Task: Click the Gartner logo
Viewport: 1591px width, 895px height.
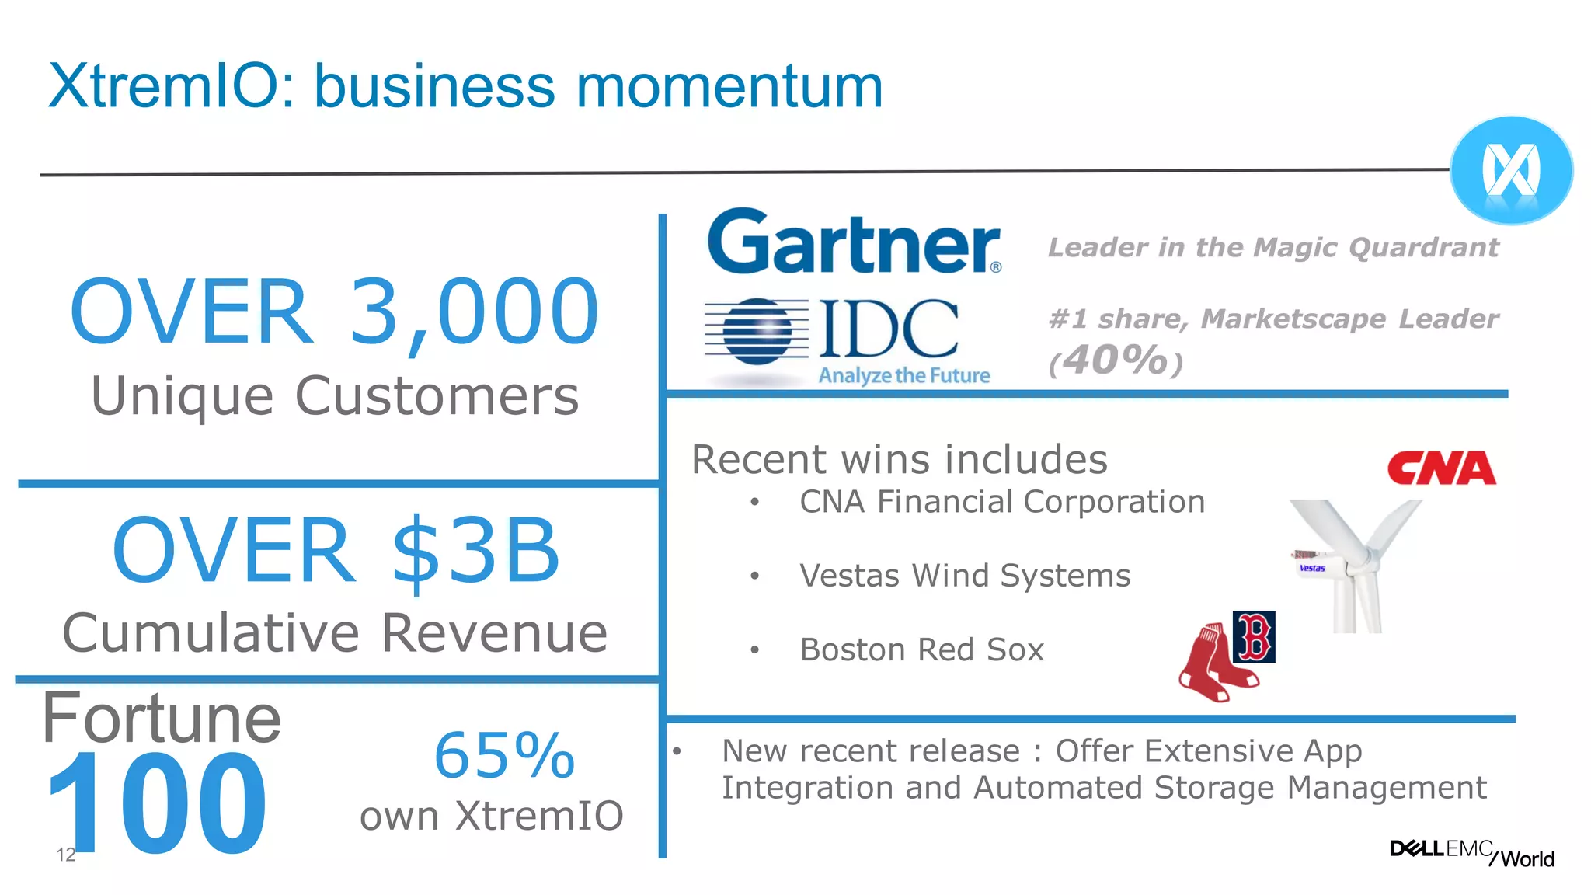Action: [x=853, y=242]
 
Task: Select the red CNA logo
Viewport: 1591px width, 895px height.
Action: [x=1441, y=468]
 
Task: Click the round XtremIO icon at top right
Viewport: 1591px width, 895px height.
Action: [x=1511, y=170]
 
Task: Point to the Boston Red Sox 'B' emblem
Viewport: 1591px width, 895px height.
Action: [x=1254, y=636]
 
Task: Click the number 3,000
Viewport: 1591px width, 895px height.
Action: [x=474, y=312]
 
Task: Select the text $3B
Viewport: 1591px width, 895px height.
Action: [x=475, y=551]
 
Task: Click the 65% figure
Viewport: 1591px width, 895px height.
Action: [x=504, y=755]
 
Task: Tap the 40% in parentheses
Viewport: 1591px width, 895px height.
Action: [x=1116, y=360]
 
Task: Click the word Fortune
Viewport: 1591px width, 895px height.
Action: [x=162, y=719]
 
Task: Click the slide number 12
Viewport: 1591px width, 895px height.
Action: [x=66, y=855]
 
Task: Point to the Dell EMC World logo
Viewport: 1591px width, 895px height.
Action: [x=1471, y=852]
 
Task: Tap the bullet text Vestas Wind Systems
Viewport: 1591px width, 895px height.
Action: [x=965, y=576]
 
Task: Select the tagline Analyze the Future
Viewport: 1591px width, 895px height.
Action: [x=904, y=376]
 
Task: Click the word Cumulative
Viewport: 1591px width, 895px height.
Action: [x=211, y=633]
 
